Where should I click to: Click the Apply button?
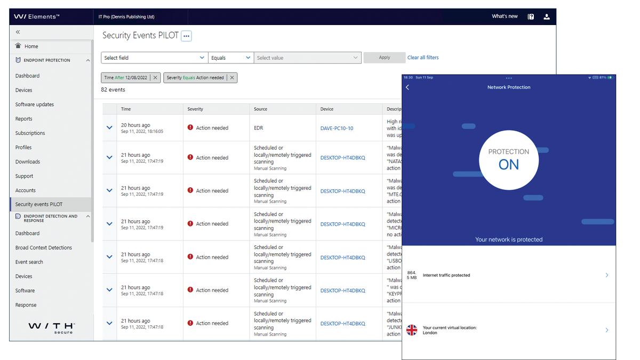[x=384, y=58]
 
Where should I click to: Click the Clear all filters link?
[x=423, y=58]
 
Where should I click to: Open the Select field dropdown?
[x=154, y=58]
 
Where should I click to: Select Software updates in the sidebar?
[x=35, y=105]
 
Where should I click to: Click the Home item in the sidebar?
[x=31, y=46]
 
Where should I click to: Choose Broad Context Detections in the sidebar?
[x=44, y=247]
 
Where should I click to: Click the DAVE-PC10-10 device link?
[x=337, y=128]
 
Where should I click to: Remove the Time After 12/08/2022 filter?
[x=155, y=78]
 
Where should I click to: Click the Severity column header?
[x=195, y=109]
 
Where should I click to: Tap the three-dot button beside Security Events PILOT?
[x=186, y=36]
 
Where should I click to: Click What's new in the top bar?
[x=505, y=17]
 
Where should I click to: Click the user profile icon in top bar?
[x=547, y=17]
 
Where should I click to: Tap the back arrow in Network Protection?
[x=407, y=87]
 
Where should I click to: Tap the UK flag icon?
[x=412, y=330]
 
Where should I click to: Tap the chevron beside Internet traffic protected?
[x=607, y=275]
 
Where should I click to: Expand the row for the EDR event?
[x=109, y=128]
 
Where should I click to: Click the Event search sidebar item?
[x=29, y=262]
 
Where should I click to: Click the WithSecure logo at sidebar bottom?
[x=51, y=327]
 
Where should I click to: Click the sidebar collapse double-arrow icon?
[x=18, y=33]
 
